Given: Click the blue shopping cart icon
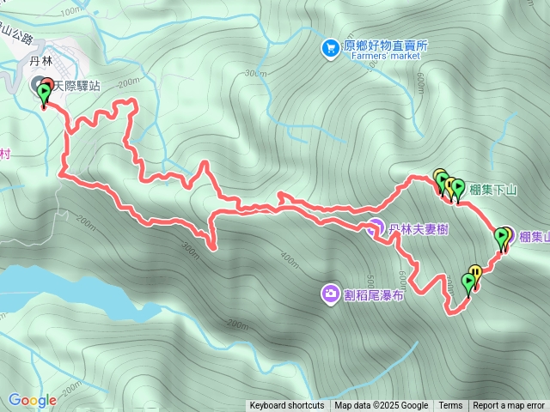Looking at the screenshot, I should [x=330, y=48].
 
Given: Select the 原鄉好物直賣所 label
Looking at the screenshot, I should [x=385, y=46].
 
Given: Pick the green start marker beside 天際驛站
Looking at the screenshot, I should [x=44, y=92].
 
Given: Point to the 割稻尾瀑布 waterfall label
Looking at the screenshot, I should [x=374, y=294].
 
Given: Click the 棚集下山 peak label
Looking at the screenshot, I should [x=493, y=189].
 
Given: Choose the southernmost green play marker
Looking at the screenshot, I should [x=468, y=281].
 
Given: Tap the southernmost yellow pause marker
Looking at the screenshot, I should [x=475, y=273].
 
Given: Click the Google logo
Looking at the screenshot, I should [x=32, y=400].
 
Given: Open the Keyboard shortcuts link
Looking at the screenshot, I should [x=287, y=406].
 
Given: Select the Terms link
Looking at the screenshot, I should [x=450, y=406].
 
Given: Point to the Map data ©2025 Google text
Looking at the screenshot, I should [x=381, y=406].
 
